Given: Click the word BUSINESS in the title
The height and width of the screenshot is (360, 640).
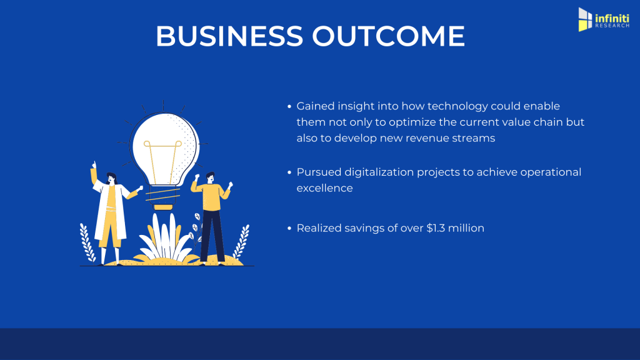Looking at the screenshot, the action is coord(229,36).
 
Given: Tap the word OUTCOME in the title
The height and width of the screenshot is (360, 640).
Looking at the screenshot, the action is coord(388,36).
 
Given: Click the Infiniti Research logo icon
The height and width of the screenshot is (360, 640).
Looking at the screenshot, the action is coord(585,19).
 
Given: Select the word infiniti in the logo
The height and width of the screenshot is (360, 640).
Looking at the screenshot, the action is coord(612,18).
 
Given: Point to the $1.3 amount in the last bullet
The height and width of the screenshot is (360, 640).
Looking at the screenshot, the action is coord(436,228).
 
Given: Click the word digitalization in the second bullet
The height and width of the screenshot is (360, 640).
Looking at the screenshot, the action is coord(379,172).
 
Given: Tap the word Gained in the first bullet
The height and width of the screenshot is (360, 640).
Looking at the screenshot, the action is coord(316,106).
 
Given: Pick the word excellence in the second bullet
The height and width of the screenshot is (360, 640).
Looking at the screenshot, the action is coord(324,188).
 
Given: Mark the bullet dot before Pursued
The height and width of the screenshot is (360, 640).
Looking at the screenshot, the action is coord(289,172).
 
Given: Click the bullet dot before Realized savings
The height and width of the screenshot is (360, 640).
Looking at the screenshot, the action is coord(289,229).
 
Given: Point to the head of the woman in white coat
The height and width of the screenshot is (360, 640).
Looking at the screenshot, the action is coord(111,178).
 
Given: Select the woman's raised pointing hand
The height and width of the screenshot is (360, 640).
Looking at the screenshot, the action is coord(94,165).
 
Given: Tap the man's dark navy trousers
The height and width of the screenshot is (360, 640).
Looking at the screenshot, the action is coord(212,236).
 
